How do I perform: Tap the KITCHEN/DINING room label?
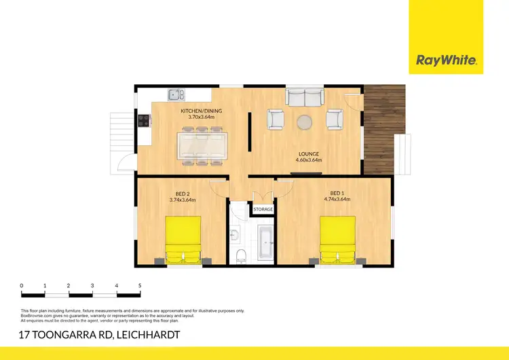click(201, 111)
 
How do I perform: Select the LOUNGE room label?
click(308, 154)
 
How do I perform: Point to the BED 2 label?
click(182, 193)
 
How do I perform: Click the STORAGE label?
click(263, 209)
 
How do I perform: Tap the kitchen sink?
click(174, 95)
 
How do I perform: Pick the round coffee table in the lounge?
click(305, 122)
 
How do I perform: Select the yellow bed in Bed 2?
click(183, 240)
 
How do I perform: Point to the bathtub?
click(264, 239)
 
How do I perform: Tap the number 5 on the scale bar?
click(139, 285)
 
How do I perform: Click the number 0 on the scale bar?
click(22, 285)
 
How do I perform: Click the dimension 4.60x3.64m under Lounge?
click(308, 160)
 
